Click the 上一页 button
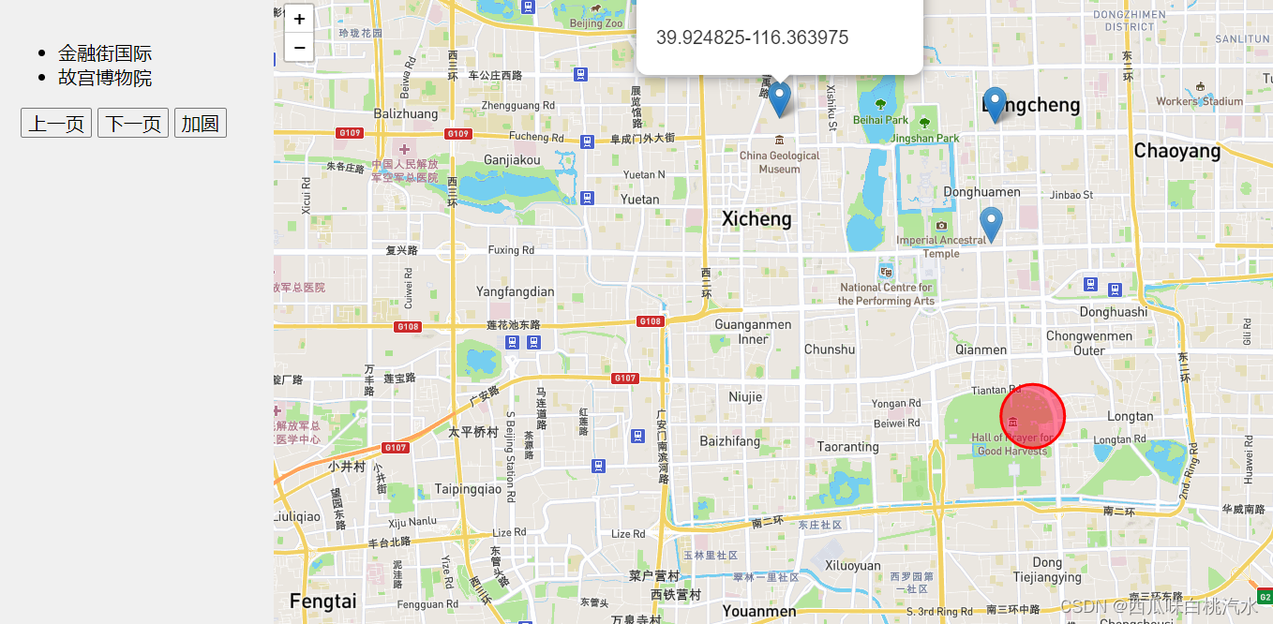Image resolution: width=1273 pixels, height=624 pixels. (56, 124)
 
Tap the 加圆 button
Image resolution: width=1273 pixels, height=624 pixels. (200, 124)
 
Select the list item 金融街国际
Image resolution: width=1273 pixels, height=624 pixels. (105, 53)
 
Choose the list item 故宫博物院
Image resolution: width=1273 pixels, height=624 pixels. (105, 78)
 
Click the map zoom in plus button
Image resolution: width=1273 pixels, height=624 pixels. (299, 19)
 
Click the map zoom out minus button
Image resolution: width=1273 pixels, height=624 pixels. (299, 47)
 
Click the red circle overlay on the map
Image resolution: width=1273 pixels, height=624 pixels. (1032, 416)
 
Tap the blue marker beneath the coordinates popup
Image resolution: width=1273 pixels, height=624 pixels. (779, 98)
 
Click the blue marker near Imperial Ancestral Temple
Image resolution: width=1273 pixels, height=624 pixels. (991, 225)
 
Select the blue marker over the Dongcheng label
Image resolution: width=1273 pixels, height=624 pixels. (996, 104)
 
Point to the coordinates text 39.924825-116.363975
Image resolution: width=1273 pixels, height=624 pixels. (752, 38)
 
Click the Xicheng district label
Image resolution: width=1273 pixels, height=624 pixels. (756, 219)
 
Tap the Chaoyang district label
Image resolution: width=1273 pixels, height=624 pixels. (1176, 151)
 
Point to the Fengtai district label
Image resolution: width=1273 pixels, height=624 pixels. (322, 602)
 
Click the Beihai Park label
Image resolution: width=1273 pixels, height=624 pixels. (880, 120)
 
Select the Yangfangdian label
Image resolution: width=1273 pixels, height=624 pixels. (515, 291)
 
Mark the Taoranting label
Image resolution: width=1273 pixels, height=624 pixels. (847, 447)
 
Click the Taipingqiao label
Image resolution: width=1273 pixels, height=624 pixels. (468, 489)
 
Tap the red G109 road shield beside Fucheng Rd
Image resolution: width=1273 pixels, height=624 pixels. (457, 133)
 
